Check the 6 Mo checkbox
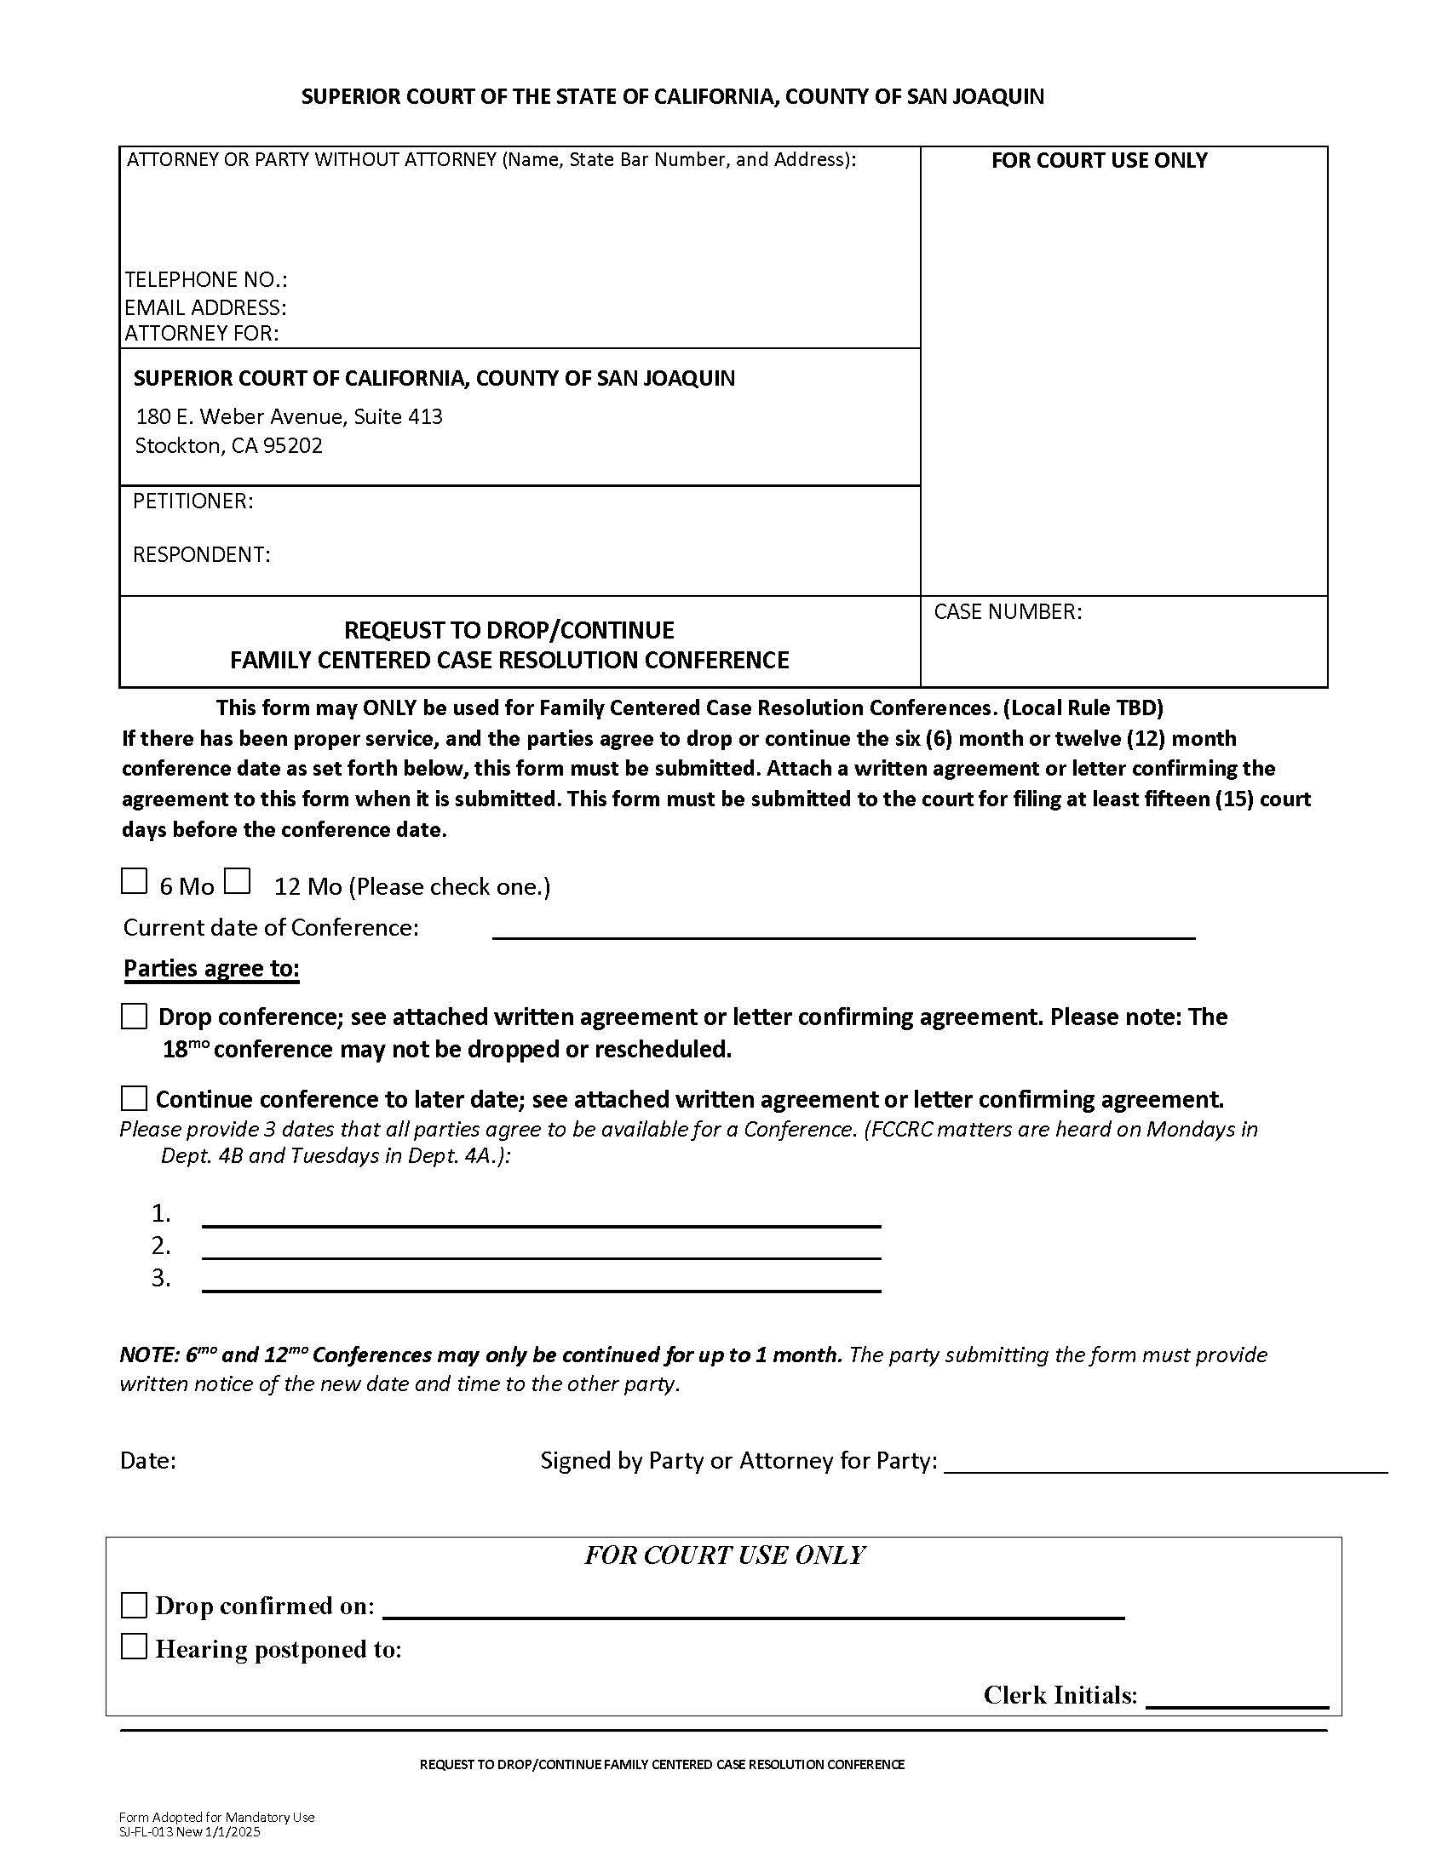[134, 882]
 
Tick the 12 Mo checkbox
[237, 882]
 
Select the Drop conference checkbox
[134, 1017]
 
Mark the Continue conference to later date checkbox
[134, 1098]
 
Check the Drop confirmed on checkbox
[134, 1606]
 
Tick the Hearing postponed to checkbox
[134, 1647]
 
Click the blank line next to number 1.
[540, 1218]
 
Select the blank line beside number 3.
[540, 1283]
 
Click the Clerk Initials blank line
[1236, 1700]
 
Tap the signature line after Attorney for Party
[1164, 1464]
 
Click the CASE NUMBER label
[1007, 611]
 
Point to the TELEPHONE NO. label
[206, 279]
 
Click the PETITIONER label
[193, 501]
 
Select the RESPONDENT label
[202, 555]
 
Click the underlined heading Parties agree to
[211, 968]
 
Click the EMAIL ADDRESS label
[206, 307]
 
